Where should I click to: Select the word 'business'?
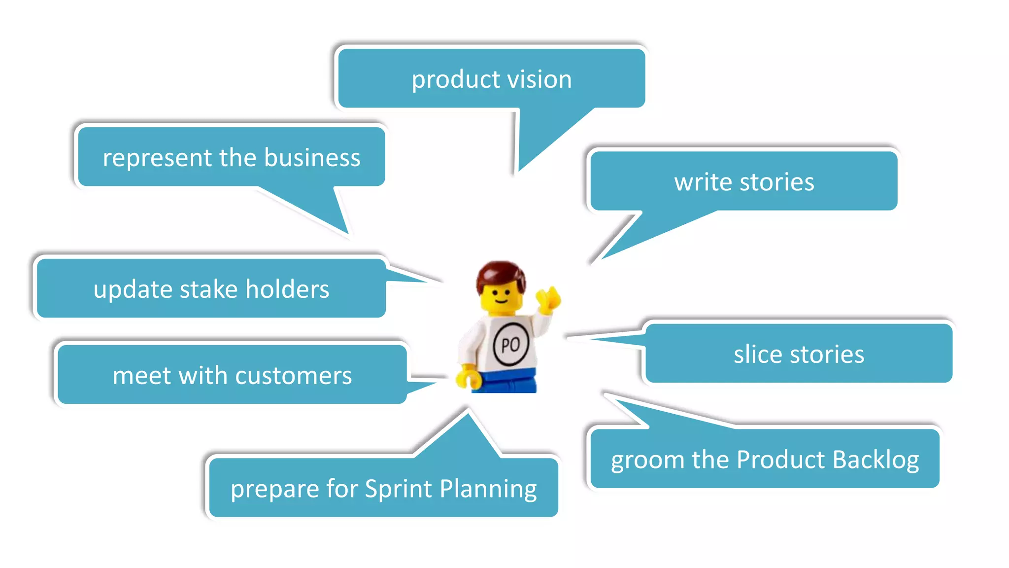(x=312, y=158)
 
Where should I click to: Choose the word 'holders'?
(x=287, y=289)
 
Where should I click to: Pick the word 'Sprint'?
(x=399, y=489)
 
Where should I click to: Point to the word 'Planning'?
(x=488, y=489)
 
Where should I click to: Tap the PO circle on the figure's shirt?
(x=511, y=344)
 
